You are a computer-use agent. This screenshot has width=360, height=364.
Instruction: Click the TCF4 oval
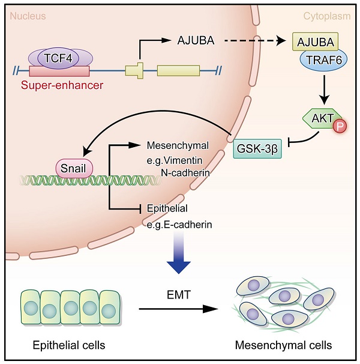tap(59, 58)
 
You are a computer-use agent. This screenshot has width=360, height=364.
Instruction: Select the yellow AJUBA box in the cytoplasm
tap(315, 42)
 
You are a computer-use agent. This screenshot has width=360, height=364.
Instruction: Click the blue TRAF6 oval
tap(316, 61)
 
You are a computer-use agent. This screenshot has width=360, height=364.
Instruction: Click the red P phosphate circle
tap(341, 127)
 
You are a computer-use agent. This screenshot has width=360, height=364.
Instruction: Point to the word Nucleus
tap(28, 16)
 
